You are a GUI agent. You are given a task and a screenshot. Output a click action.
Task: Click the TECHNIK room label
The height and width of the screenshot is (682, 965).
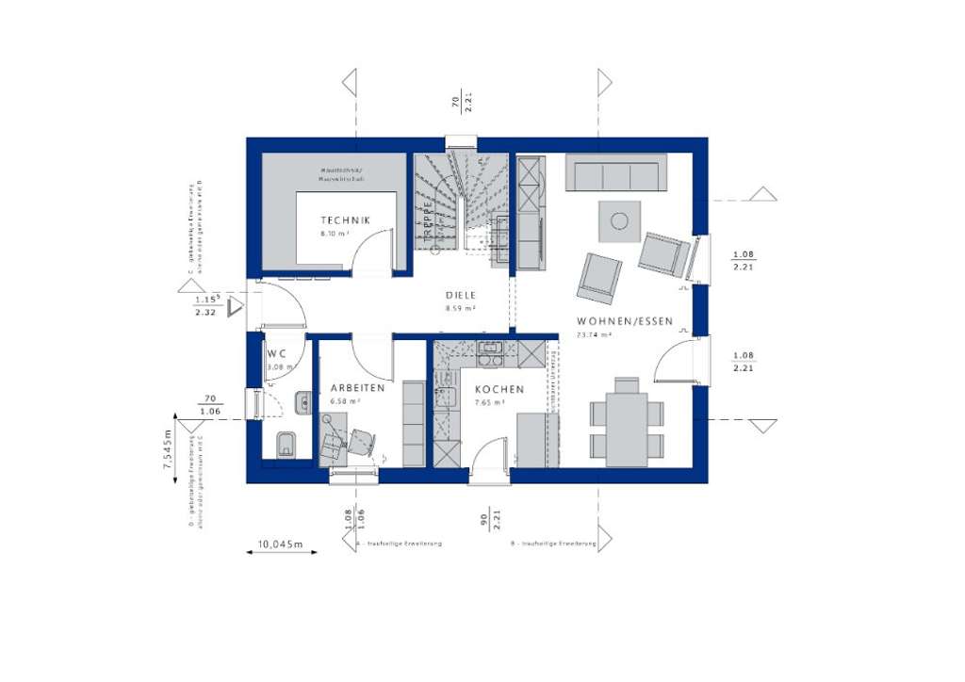(345, 220)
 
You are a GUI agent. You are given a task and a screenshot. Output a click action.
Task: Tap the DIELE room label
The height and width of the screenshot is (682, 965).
(461, 295)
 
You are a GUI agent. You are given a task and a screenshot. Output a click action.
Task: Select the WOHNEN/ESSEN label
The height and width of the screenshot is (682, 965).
(625, 321)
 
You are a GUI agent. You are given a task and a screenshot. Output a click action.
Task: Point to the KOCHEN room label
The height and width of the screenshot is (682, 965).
(499, 389)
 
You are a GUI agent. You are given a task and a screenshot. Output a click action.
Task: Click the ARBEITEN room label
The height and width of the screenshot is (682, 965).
(357, 388)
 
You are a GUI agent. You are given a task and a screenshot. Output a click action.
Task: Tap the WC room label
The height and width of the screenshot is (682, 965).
(276, 354)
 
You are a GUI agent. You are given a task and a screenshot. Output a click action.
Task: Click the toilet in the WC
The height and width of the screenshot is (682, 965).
(286, 444)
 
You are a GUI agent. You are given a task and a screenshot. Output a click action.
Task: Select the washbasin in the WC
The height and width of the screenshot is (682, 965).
(303, 403)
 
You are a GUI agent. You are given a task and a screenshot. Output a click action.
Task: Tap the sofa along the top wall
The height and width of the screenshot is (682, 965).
(615, 174)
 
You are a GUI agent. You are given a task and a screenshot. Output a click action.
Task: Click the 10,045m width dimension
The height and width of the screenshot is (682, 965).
(281, 544)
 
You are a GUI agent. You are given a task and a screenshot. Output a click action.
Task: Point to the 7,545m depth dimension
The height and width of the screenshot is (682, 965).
(168, 449)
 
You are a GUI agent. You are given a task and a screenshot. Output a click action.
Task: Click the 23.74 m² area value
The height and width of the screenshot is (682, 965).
(596, 333)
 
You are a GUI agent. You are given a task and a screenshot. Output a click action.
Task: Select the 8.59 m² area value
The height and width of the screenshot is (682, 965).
(461, 308)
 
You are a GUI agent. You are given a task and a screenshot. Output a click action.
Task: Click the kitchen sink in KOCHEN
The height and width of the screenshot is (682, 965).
(490, 353)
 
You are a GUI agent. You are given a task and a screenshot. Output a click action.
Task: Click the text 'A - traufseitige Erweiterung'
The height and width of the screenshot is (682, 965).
(399, 544)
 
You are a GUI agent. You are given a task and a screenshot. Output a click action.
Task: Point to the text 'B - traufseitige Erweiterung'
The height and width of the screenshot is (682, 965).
(553, 544)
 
